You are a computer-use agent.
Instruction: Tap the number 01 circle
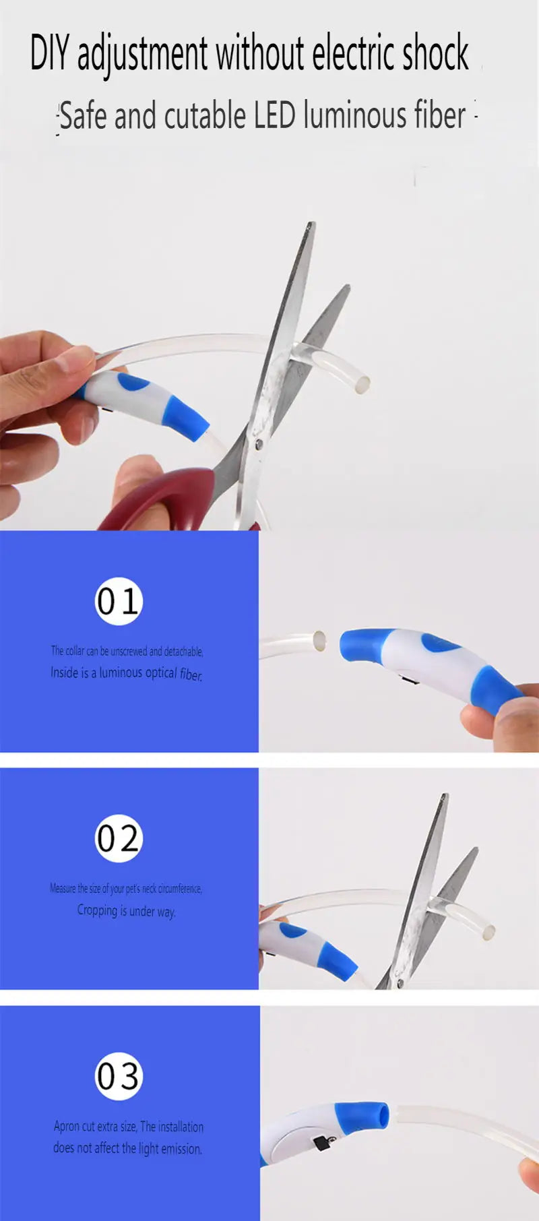(119, 601)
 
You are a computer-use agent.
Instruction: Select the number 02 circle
(119, 838)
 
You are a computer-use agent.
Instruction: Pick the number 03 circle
(119, 1076)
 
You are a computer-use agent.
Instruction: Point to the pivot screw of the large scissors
(259, 443)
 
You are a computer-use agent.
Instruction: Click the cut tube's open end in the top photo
(362, 384)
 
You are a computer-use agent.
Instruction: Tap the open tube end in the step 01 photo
(319, 640)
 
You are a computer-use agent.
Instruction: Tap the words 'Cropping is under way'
(127, 911)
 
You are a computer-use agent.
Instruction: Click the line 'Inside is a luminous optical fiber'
(127, 673)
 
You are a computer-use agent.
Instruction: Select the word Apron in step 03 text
(67, 1127)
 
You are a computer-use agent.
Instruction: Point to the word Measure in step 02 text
(63, 889)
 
